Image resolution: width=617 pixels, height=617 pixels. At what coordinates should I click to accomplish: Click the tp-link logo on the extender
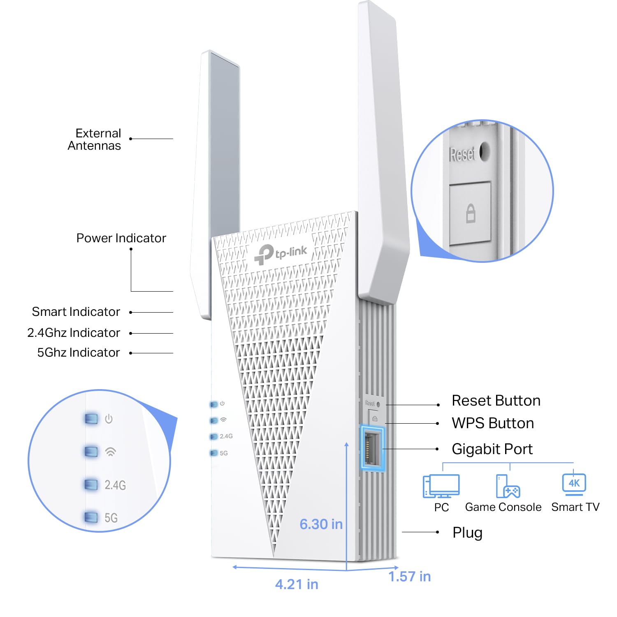(x=281, y=253)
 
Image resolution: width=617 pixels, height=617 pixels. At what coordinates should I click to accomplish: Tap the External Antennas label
(x=95, y=139)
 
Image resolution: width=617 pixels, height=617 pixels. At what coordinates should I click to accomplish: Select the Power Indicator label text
(x=121, y=238)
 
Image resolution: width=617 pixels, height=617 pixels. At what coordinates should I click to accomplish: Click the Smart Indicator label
(x=76, y=312)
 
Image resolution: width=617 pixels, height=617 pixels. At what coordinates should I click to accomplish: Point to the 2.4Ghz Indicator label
(x=74, y=332)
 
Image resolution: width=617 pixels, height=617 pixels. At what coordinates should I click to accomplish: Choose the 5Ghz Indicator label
(x=78, y=353)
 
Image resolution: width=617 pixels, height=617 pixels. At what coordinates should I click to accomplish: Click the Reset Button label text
(x=496, y=401)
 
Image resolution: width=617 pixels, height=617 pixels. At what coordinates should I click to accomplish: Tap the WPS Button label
(x=492, y=423)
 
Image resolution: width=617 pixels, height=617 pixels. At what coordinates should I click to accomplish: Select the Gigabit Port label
(x=492, y=449)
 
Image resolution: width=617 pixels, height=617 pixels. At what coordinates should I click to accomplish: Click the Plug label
(x=467, y=533)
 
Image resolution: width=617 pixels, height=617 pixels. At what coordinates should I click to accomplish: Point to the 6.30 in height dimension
(x=321, y=524)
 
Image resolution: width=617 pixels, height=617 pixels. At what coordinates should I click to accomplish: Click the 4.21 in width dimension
(x=297, y=584)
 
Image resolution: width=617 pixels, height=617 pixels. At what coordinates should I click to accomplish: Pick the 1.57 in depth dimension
(x=410, y=577)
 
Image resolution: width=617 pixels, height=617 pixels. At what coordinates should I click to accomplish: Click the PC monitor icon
(x=441, y=486)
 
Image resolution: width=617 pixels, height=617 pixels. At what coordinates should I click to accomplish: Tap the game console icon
(x=508, y=486)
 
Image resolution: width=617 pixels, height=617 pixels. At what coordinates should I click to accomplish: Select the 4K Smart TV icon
(x=574, y=484)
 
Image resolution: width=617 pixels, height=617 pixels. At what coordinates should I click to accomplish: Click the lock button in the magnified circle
(x=470, y=213)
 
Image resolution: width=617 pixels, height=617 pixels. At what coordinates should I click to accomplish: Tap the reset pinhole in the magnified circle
(x=485, y=151)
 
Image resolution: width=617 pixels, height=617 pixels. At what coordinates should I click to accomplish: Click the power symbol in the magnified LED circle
(x=109, y=419)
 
